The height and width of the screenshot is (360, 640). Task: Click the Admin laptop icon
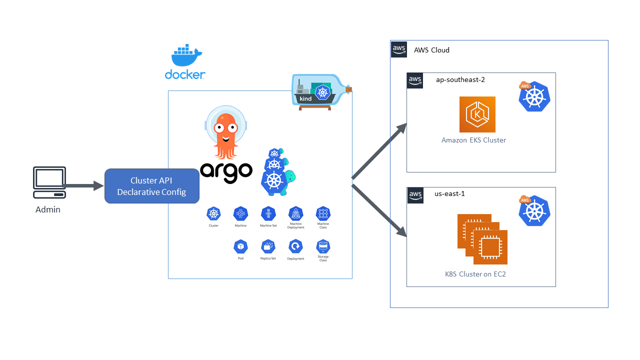click(x=49, y=182)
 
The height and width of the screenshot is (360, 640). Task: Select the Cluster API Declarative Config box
click(x=151, y=186)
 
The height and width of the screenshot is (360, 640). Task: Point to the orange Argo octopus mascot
click(x=226, y=132)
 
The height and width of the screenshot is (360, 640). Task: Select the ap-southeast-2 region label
click(x=460, y=79)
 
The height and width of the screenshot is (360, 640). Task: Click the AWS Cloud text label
click(x=431, y=50)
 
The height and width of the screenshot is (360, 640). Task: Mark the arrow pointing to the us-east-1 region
click(x=380, y=210)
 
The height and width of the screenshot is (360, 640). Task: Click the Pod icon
click(x=241, y=246)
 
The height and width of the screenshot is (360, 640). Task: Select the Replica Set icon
click(x=268, y=246)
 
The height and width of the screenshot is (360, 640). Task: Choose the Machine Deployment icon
click(x=295, y=214)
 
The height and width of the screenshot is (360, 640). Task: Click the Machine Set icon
click(x=268, y=214)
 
